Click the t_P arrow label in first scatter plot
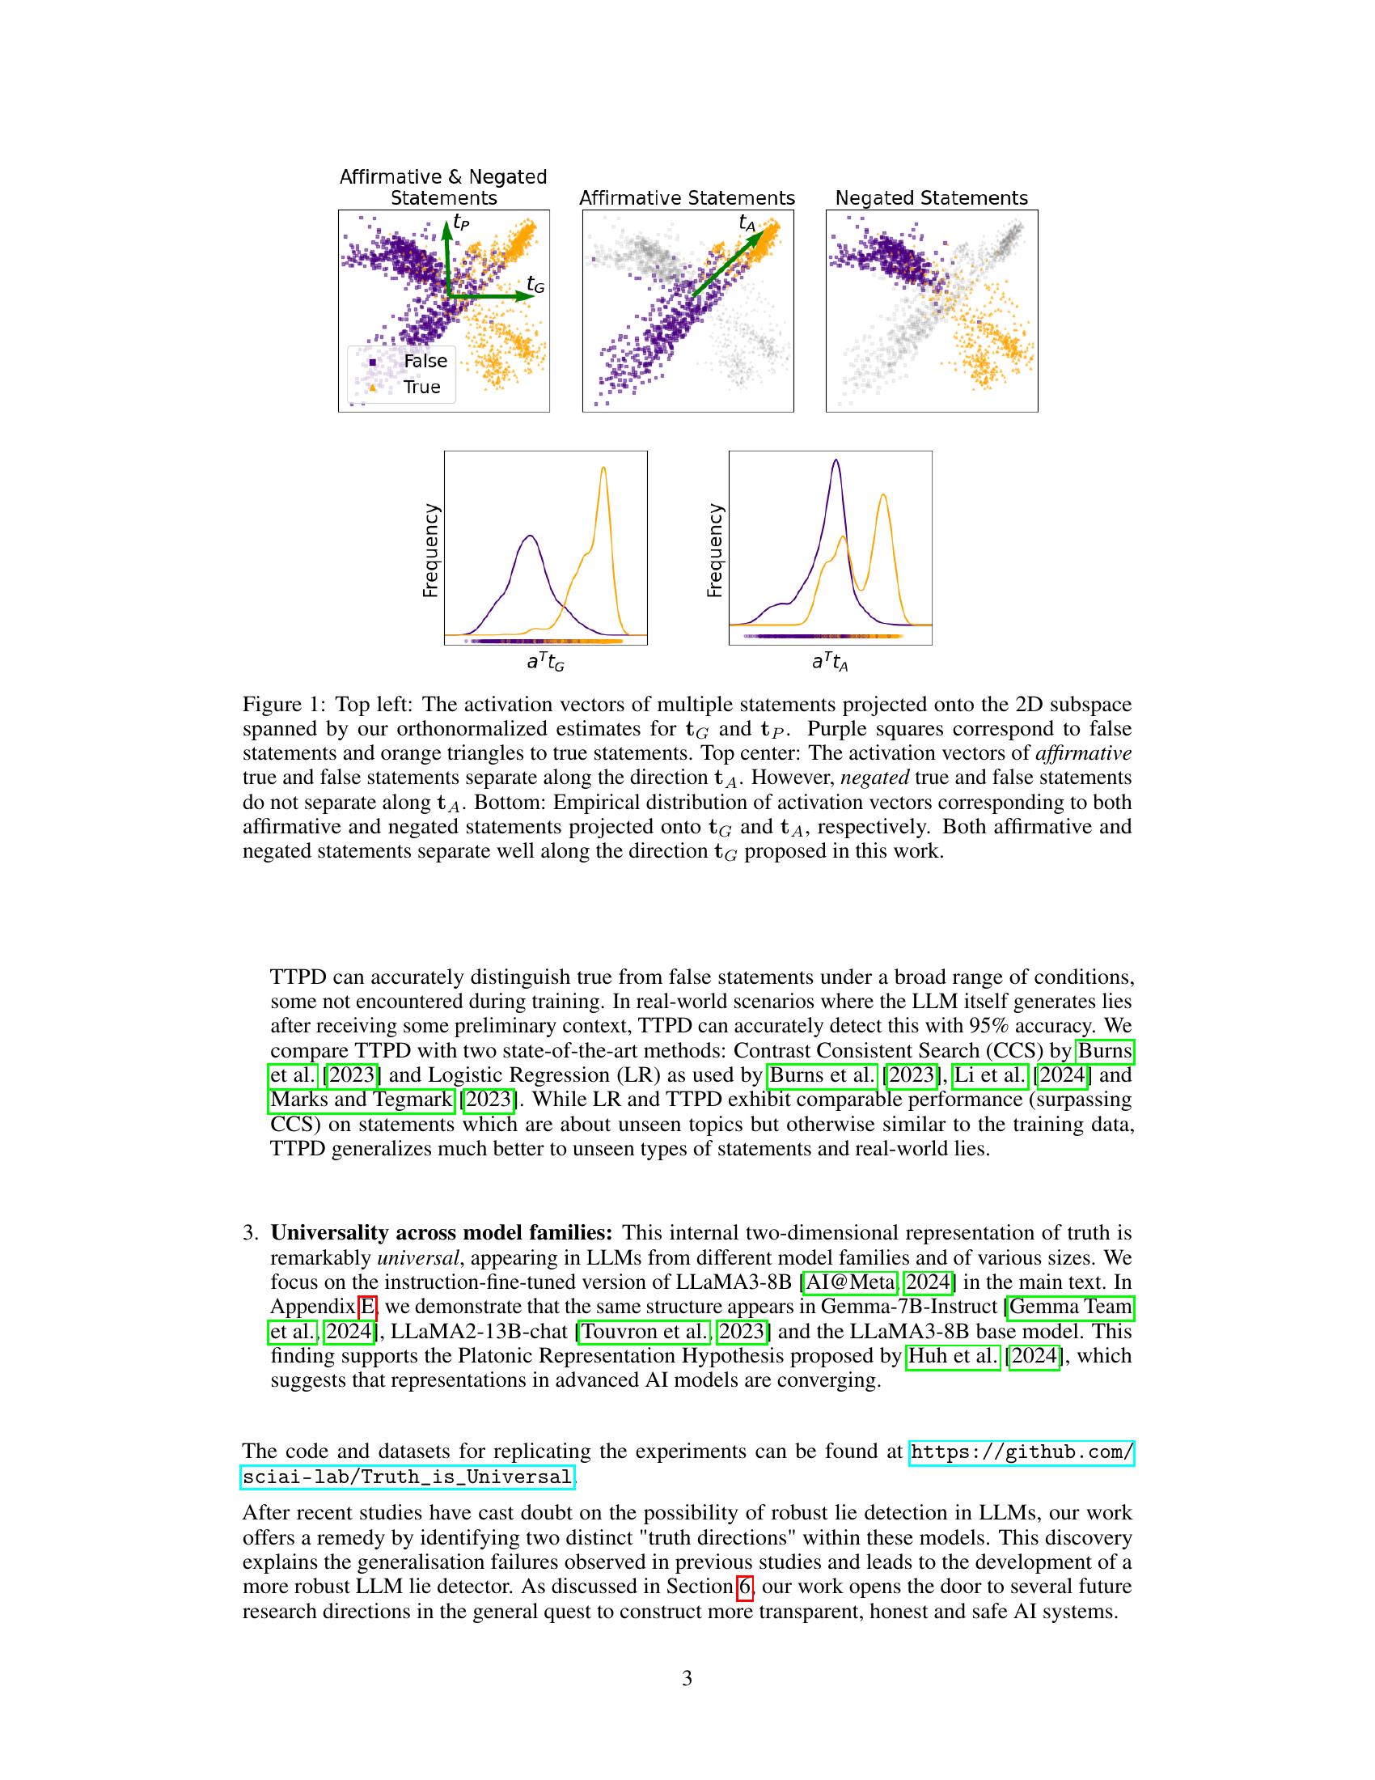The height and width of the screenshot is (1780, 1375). (x=461, y=222)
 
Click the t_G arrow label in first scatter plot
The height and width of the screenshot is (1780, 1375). (x=535, y=285)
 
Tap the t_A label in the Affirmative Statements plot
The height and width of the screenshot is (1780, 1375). (x=747, y=222)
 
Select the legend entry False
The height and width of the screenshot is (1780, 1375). (x=425, y=361)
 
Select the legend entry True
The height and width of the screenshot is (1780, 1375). (x=421, y=387)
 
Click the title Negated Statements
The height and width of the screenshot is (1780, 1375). (x=931, y=198)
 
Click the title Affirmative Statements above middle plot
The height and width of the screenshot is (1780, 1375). (x=687, y=198)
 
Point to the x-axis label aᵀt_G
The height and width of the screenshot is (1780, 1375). (x=545, y=663)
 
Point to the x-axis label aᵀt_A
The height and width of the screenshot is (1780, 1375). (x=829, y=663)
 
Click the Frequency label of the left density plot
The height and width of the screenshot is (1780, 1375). (x=430, y=550)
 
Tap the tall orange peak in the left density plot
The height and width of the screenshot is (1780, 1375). (x=603, y=469)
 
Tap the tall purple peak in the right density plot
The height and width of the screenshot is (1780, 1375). (x=836, y=462)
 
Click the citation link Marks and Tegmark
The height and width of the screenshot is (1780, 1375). (x=361, y=1100)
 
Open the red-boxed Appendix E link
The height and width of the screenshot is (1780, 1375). (x=368, y=1307)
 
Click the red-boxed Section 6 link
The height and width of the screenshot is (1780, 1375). (x=744, y=1587)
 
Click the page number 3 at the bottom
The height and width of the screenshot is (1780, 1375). (x=687, y=1678)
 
